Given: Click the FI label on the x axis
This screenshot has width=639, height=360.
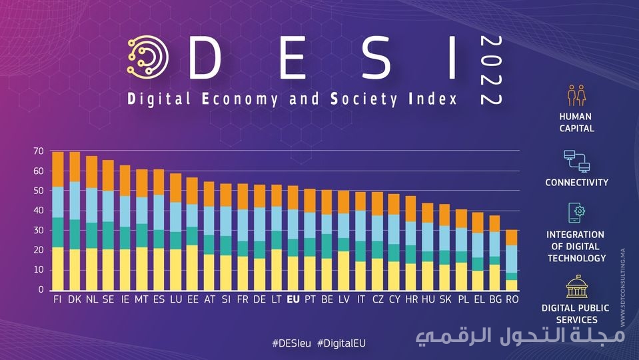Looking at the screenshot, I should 57,299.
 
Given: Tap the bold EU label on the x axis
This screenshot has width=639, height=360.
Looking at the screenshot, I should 293,299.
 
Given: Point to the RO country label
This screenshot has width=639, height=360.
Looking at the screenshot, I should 512,299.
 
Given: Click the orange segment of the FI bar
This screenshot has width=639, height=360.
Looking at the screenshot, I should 58,169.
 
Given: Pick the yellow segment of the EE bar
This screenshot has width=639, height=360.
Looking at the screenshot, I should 192,267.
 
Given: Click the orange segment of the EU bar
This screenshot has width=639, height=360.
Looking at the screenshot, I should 293,197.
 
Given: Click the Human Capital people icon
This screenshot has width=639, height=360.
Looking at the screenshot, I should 576,96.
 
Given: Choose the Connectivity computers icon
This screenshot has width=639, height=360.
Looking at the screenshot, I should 576,161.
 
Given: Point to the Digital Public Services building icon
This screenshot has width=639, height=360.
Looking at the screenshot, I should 576,287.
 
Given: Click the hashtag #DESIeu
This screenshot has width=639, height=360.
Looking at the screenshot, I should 292,342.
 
